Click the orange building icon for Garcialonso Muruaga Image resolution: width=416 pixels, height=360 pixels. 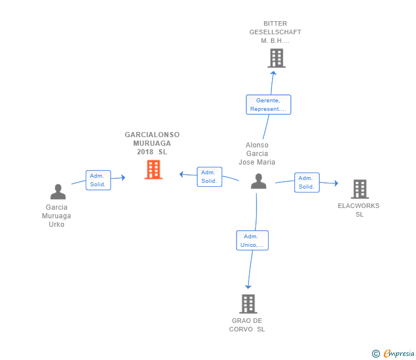point(153,170)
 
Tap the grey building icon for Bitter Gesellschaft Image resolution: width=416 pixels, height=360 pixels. point(276,58)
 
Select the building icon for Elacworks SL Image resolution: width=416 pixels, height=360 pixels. point(359,189)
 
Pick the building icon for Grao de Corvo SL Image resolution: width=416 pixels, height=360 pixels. point(248,304)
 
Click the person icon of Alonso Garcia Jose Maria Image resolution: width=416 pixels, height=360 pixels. point(259,181)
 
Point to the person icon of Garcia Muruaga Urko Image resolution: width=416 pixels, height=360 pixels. point(58,192)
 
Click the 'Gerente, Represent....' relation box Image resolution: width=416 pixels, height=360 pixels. point(268,105)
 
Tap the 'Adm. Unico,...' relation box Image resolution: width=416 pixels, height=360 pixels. point(252,241)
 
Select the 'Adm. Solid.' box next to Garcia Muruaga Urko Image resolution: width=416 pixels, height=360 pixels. point(98,180)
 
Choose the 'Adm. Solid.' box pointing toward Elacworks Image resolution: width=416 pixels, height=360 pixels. point(307,182)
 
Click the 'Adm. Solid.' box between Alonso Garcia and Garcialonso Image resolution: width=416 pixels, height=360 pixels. point(209,177)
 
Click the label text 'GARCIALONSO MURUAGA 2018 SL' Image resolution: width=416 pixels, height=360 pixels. point(152,143)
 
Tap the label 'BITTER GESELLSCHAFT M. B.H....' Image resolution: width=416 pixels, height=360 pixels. point(275,33)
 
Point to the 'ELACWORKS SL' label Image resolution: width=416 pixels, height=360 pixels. point(359,210)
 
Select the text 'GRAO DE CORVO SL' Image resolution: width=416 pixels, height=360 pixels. point(247,325)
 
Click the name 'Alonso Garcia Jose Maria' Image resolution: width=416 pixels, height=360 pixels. point(257,154)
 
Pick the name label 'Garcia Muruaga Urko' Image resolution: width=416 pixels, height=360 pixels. point(57,216)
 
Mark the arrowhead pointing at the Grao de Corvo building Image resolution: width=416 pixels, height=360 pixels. point(248,286)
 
